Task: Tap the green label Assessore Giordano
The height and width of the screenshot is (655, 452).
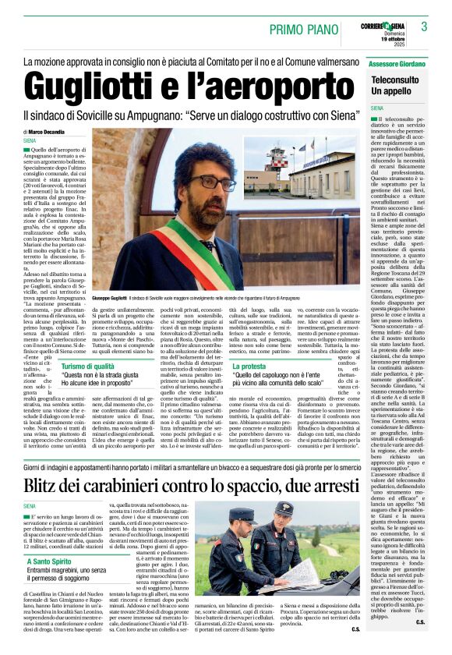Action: coord(397,62)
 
